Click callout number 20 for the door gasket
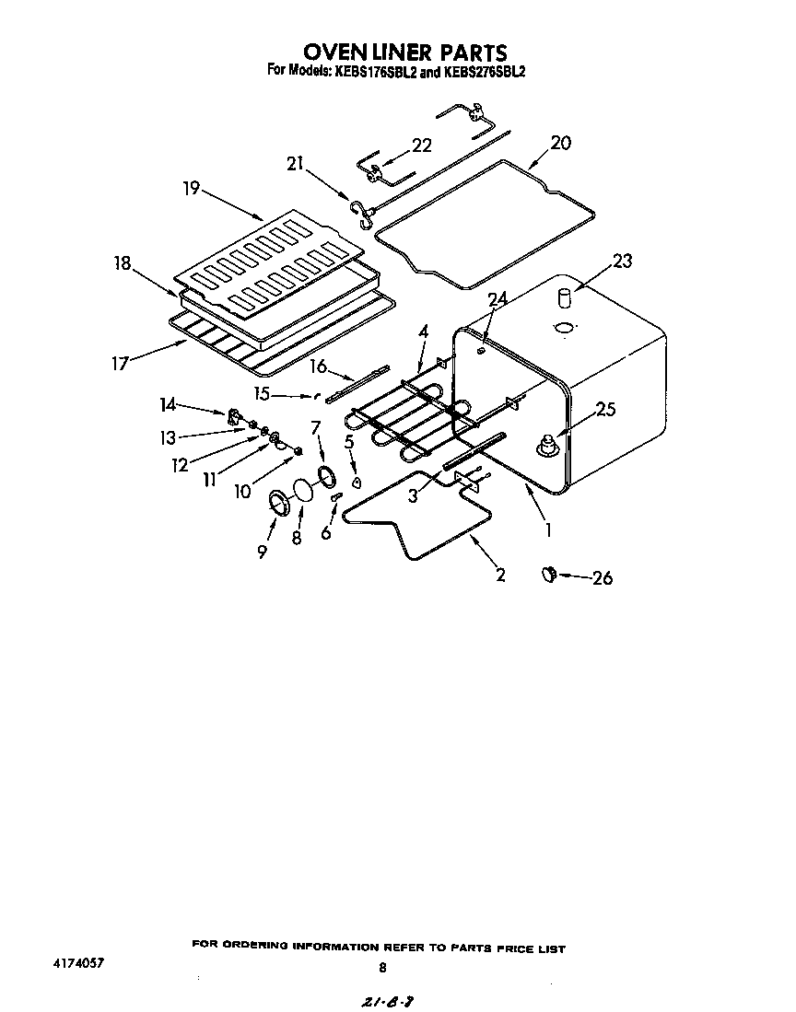(x=560, y=143)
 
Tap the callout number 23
(x=623, y=262)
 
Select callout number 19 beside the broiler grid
(x=191, y=188)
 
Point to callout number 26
(x=603, y=578)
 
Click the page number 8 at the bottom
(x=382, y=967)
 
